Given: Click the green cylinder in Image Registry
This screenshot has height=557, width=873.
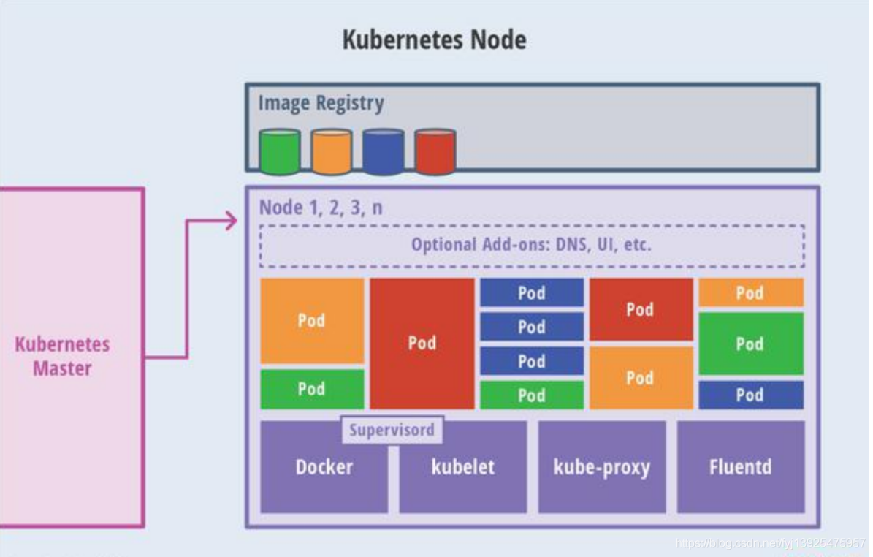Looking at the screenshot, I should (x=280, y=152).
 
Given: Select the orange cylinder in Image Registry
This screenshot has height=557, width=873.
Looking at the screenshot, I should (x=331, y=152).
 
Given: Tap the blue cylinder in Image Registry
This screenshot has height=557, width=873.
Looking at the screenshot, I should (x=383, y=152).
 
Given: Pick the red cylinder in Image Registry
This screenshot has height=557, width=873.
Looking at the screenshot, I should (x=435, y=152).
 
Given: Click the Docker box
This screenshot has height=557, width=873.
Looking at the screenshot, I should (x=324, y=471).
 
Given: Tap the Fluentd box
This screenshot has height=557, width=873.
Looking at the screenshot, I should (x=740, y=466).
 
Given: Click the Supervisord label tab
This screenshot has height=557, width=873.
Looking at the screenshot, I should (x=392, y=430).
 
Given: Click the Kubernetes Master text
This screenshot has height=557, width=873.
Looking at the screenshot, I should (x=62, y=356).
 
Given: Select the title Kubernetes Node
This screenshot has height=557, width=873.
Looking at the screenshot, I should (x=434, y=39).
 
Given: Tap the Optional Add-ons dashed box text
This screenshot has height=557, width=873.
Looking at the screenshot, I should (x=531, y=245).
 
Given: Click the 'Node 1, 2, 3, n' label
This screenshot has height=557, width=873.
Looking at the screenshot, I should (x=321, y=207).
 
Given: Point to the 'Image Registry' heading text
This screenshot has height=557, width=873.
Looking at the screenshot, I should (x=321, y=103).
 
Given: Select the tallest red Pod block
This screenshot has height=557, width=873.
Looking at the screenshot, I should (x=422, y=343).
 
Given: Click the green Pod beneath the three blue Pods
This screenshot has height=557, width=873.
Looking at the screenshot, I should (x=531, y=395).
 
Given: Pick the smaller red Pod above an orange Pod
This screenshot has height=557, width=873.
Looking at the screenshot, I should (x=640, y=309).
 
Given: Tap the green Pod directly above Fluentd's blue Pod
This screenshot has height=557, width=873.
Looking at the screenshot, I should (x=750, y=344).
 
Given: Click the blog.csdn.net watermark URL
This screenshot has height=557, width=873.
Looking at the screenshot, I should (x=771, y=543).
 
